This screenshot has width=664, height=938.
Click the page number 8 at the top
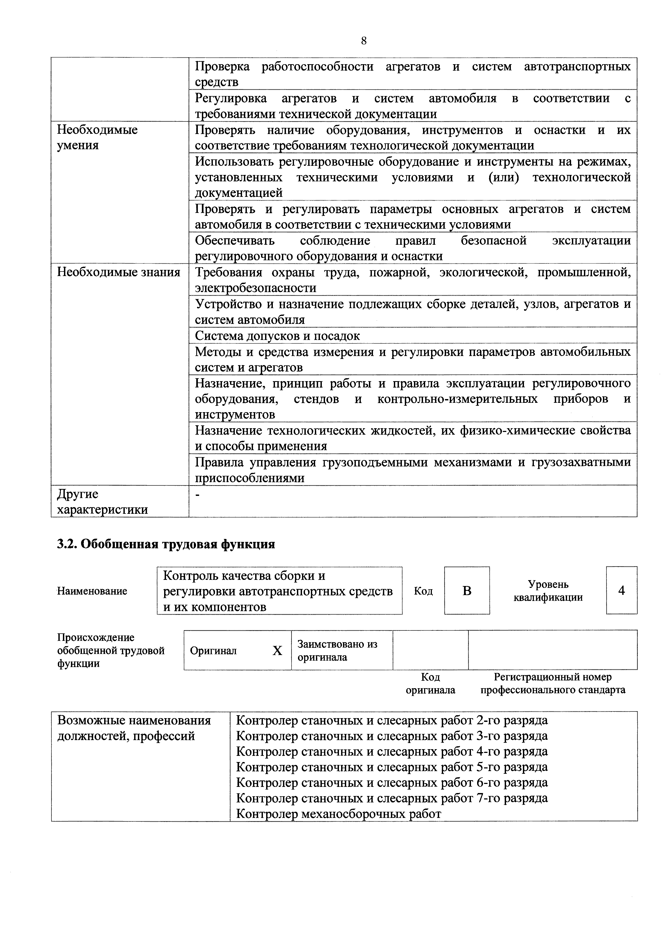coord(364,41)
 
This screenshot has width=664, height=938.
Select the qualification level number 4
coord(621,590)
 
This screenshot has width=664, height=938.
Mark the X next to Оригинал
coord(277,651)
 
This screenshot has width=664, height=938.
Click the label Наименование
coord(92,591)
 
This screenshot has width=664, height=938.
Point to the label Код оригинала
coord(430,683)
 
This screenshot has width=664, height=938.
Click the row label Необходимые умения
coord(97,138)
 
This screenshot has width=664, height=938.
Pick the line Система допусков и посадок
coord(277,336)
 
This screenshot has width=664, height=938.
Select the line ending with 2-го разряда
coord(392,720)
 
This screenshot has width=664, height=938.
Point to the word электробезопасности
coord(255,288)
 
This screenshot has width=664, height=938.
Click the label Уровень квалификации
coord(548,591)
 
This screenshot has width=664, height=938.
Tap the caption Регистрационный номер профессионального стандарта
coord(553,683)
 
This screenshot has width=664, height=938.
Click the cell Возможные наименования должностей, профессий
coord(134,728)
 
